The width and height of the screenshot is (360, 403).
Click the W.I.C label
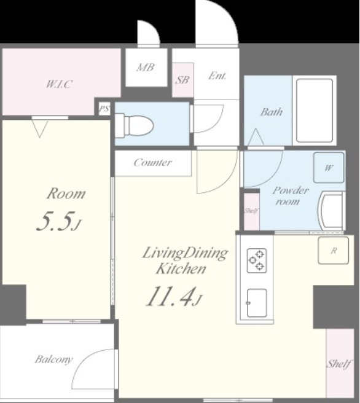[59, 84]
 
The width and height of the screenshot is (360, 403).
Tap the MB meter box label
[146, 68]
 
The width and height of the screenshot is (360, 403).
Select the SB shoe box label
[182, 80]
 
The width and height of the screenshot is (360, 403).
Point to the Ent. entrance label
[217, 76]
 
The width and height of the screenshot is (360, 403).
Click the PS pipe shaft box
[104, 109]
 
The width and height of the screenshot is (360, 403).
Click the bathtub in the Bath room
[315, 110]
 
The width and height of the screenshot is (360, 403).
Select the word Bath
[272, 112]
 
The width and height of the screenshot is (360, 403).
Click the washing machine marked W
[329, 168]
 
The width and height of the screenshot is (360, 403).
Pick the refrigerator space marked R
[333, 250]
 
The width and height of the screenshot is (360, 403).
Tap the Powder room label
[290, 195]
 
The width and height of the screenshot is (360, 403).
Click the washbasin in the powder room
[331, 211]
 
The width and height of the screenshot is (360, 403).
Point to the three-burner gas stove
[257, 260]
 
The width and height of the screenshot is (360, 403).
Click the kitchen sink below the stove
[257, 303]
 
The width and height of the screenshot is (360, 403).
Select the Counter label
[152, 162]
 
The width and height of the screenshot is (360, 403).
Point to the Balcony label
[53, 359]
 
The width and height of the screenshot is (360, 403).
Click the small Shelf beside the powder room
[251, 211]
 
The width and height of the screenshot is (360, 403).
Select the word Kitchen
[181, 269]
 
